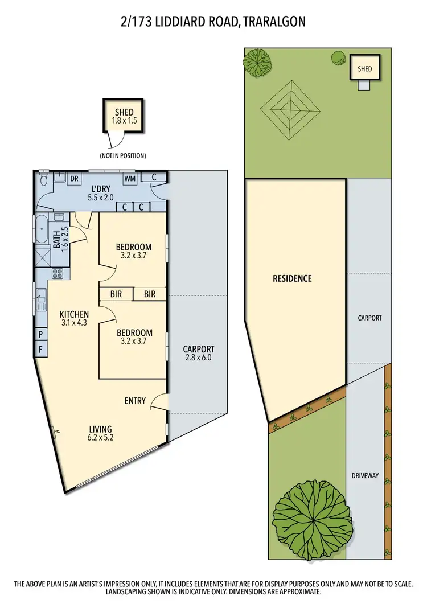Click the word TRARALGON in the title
pos(275,22)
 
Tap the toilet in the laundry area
pos(44,180)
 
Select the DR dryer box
pos(74,179)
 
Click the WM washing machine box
pos(130,179)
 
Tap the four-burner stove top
pos(58,273)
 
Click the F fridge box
pos(41,348)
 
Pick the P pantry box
pos(41,334)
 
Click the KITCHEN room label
pos(75,314)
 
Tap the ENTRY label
pos(135,401)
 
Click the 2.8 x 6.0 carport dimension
pos(198,358)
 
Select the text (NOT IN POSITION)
pos(123,155)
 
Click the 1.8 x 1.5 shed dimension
pos(124,121)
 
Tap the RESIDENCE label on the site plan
pos(292,278)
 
